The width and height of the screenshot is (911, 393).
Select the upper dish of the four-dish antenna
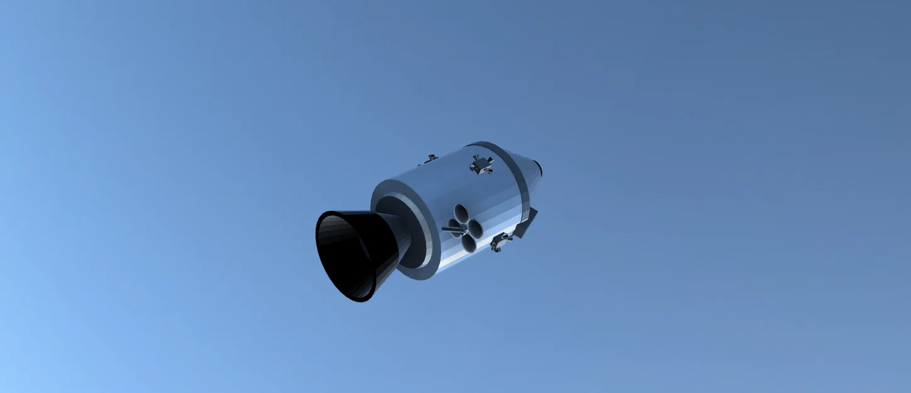tap(461, 213)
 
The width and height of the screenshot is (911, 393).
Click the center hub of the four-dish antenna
tap(465, 227)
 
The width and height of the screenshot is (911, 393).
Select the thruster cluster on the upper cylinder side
tap(481, 165)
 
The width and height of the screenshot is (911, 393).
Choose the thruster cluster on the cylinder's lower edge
tap(501, 241)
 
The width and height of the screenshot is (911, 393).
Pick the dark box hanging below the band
tap(527, 223)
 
